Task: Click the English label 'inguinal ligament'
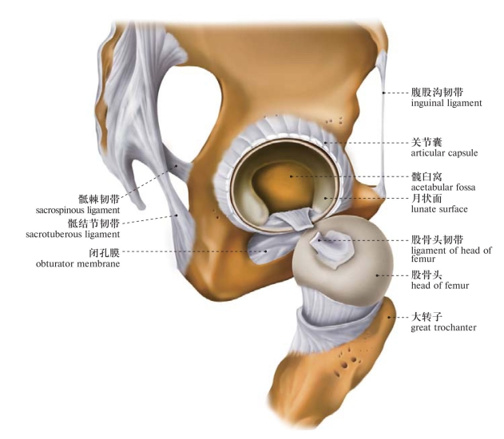446,104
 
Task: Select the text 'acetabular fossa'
442,188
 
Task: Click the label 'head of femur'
439,286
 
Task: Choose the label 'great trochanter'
443,327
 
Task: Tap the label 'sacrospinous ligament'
77,210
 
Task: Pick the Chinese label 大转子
425,316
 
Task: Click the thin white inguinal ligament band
383,104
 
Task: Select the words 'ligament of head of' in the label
451,251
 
